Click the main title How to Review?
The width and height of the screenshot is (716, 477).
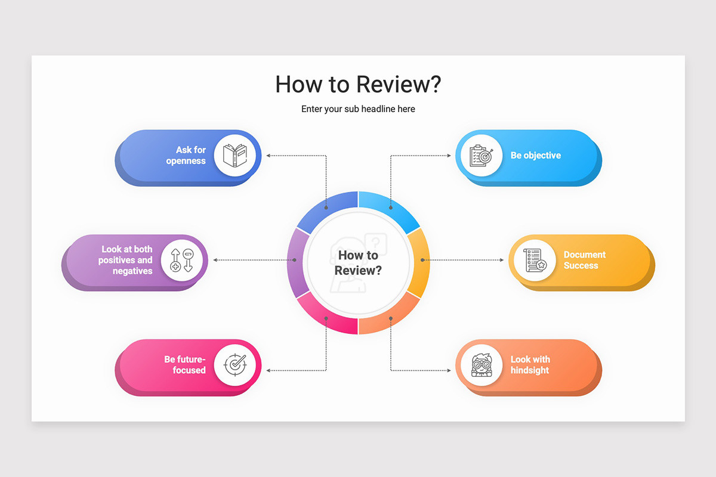[358, 84]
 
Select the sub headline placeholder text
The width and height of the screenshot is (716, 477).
[358, 109]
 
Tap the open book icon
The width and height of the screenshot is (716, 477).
[235, 155]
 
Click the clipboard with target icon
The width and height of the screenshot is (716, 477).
[482, 156]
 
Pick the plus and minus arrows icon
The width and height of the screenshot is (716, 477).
[181, 260]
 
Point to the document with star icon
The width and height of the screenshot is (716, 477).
[535, 260]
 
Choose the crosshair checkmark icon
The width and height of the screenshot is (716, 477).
[235, 364]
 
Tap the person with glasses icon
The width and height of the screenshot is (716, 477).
[482, 365]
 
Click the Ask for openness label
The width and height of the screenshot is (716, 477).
[186, 155]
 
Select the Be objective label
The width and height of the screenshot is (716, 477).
[536, 155]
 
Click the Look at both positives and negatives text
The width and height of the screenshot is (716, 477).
[125, 260]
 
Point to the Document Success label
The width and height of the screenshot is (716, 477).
[584, 260]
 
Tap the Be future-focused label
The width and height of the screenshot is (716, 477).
[185, 364]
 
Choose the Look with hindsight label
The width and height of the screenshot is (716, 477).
[530, 364]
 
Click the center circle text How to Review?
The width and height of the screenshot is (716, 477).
[358, 262]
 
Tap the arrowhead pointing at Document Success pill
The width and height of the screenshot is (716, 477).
[502, 260]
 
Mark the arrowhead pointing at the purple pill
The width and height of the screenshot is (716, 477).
[215, 260]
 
